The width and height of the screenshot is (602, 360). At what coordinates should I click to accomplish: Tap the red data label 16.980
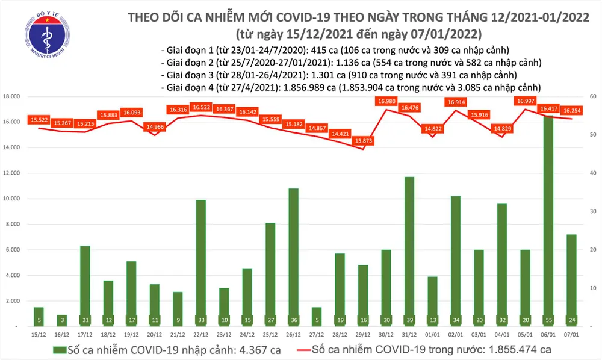(x=386, y=101)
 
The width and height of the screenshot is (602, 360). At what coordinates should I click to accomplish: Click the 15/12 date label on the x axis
(x=38, y=334)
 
